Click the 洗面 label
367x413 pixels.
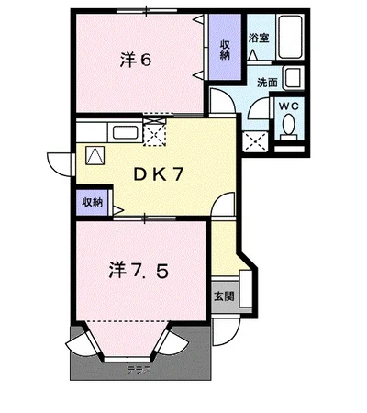[x=266, y=83]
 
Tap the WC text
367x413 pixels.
[x=290, y=106]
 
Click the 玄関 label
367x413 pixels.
[x=223, y=296]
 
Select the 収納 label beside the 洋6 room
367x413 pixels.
[x=225, y=49]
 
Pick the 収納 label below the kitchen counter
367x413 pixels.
[x=92, y=201]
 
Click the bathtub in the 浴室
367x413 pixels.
[x=295, y=40]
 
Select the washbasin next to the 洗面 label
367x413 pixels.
[x=293, y=78]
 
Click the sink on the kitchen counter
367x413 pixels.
[x=125, y=134]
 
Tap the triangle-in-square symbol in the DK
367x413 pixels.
[x=95, y=155]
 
